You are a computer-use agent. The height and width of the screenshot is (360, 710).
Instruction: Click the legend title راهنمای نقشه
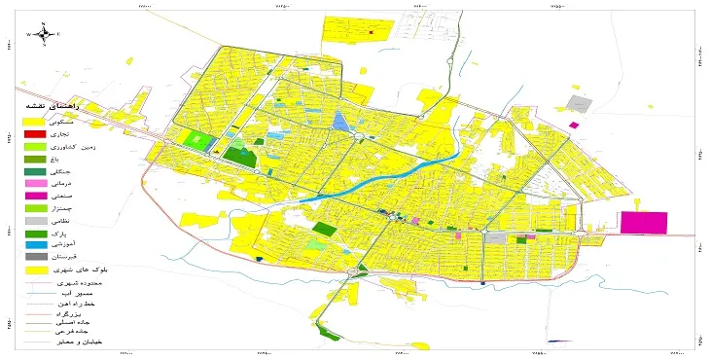point(50,106)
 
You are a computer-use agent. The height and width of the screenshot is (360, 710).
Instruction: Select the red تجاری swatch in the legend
point(34,133)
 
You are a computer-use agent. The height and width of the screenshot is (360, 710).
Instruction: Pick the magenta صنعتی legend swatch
point(34,196)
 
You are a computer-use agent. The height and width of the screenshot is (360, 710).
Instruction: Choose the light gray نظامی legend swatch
point(34,221)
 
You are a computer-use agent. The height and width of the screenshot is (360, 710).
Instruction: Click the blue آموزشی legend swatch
point(34,245)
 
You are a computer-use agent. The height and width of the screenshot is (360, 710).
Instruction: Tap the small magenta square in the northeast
point(573,126)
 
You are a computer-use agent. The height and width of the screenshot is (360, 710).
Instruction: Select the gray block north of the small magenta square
point(581,103)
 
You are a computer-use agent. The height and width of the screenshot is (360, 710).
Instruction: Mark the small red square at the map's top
point(373,30)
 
